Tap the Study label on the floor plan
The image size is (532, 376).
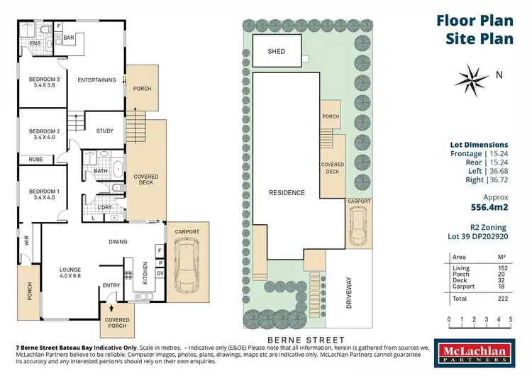click(x=105, y=131)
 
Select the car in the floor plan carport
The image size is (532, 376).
click(x=185, y=263)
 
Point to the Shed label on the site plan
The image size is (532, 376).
click(x=276, y=52)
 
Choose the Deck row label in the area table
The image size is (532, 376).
click(x=459, y=280)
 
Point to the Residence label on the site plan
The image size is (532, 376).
click(x=287, y=192)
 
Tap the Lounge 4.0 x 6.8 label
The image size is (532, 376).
click(x=70, y=272)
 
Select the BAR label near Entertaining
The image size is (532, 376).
click(x=70, y=37)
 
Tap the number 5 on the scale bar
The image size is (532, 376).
click(x=509, y=320)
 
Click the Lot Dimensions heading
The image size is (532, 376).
click(x=479, y=144)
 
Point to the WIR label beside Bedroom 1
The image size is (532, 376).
click(x=27, y=241)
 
